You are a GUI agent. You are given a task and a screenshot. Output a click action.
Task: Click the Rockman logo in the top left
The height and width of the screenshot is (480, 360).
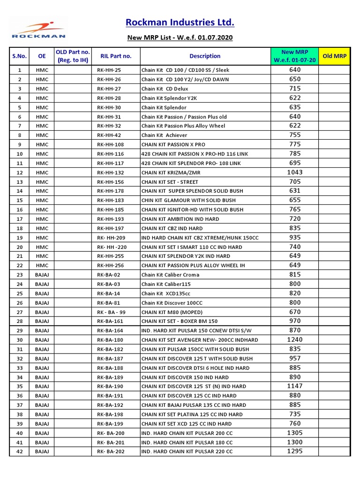point(38,29)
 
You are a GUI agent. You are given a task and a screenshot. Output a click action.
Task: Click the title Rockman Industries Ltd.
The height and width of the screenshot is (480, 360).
point(180,22)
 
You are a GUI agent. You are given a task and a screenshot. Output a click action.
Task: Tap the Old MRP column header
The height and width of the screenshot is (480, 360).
point(335,56)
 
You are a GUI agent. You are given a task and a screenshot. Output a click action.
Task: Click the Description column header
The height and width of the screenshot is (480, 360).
point(205,56)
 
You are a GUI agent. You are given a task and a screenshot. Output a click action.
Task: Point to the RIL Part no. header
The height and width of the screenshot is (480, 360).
point(116,56)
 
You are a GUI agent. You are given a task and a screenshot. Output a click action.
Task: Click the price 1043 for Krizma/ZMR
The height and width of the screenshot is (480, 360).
point(295,172)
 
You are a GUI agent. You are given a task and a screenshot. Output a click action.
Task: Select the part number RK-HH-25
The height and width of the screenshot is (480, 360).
point(109,70)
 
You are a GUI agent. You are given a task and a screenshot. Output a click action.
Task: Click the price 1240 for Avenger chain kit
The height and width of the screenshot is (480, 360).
point(295,340)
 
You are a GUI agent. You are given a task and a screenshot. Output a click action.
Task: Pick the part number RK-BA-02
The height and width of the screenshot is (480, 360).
point(109,275)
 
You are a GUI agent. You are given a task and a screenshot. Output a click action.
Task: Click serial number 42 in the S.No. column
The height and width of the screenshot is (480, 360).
point(19,452)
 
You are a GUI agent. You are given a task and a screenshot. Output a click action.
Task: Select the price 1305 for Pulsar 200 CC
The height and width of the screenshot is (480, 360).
point(295,433)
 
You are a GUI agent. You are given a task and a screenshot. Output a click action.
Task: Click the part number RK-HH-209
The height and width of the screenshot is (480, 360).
point(111,238)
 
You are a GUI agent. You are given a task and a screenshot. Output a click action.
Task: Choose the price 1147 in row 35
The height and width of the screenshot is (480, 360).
point(295,386)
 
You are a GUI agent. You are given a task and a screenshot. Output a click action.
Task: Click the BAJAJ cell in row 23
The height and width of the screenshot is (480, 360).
point(42,275)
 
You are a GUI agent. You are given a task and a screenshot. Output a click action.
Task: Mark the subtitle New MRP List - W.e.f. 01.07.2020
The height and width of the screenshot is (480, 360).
point(180,37)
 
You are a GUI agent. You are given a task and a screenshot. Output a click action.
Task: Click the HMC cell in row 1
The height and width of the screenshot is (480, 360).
point(42,70)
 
